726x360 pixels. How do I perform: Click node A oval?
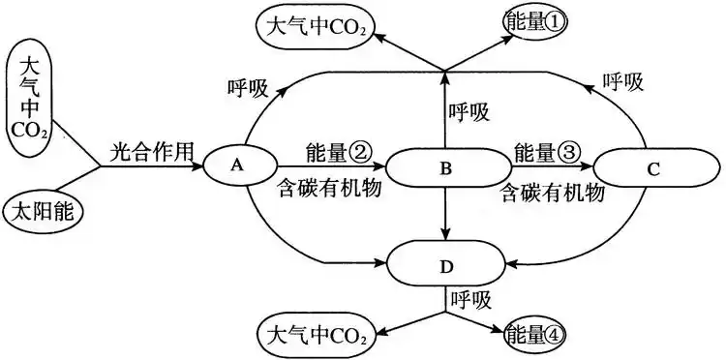(x=235, y=166)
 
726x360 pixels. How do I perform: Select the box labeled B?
(x=446, y=168)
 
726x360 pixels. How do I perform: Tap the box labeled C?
(x=652, y=168)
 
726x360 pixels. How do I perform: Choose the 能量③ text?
(x=548, y=152)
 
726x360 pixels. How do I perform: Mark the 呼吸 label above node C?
(x=622, y=81)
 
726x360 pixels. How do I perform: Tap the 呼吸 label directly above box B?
(x=470, y=112)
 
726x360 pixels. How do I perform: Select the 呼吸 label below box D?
(x=469, y=300)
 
